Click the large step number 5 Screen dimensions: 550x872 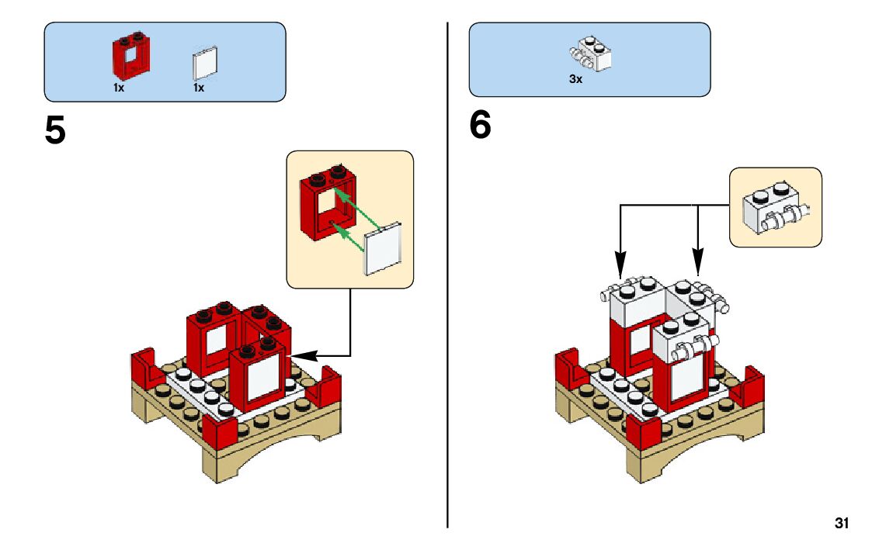pos(55,130)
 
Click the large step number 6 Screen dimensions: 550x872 pos(480,126)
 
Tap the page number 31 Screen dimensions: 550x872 pos(842,523)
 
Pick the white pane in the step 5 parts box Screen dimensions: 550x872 pos(205,64)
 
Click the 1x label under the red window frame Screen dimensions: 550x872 pos(119,88)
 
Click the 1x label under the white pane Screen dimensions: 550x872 pos(199,88)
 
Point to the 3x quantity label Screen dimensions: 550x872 pos(575,79)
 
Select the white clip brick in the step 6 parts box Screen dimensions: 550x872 pos(592,54)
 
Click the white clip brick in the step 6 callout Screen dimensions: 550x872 pos(775,209)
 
